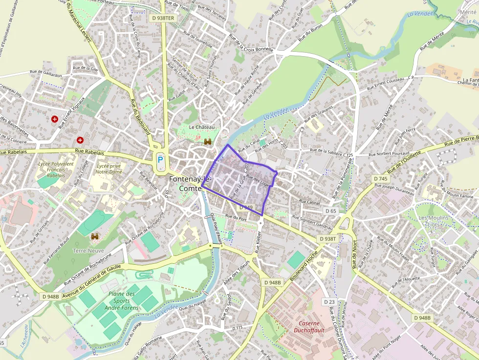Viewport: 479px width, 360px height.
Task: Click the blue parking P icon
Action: click(x=160, y=159)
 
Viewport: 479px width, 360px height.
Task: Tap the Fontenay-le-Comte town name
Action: click(x=186, y=184)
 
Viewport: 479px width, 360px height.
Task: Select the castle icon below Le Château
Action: click(x=208, y=142)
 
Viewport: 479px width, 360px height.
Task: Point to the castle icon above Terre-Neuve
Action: click(x=95, y=236)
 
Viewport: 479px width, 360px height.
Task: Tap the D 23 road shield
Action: click(x=329, y=302)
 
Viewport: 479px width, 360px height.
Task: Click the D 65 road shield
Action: click(x=331, y=211)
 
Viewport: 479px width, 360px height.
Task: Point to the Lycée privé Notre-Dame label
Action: click(x=108, y=169)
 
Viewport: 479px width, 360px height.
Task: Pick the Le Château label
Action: click(x=202, y=127)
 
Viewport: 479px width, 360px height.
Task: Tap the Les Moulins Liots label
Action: click(x=430, y=221)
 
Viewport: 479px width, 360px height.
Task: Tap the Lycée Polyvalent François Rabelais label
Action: click(x=56, y=169)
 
